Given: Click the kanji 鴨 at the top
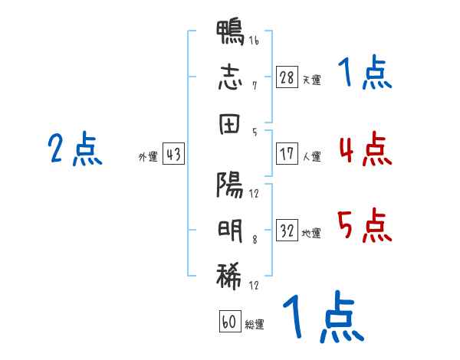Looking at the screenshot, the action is pos(230,32).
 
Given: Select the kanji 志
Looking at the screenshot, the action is pos(230,77).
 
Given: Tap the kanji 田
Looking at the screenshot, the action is pos(230,124).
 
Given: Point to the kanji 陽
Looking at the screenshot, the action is pos(230,185).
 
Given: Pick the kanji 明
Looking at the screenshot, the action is pos(230,231).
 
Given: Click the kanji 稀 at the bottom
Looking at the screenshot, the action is pos(229,277).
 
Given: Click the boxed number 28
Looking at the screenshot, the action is pos(287,77).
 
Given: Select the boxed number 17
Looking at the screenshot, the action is pos(287,154).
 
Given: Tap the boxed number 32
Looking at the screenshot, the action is pos(287,230).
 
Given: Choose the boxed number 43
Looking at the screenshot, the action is pos(173,154).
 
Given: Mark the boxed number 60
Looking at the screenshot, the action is pos(230,321).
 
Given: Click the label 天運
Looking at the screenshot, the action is pos(312,80).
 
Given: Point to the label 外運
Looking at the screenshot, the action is pos(148,156).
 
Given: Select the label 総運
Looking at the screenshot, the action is pos(255,324).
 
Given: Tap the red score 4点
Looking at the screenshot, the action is pos(366,149).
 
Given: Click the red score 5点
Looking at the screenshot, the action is pos(365,225).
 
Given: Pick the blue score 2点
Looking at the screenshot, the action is pos(75,149).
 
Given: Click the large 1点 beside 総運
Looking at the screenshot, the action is pos(324,316).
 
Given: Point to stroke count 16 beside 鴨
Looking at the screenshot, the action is pos(254,41).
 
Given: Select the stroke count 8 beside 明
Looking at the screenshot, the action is pos(255,240).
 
